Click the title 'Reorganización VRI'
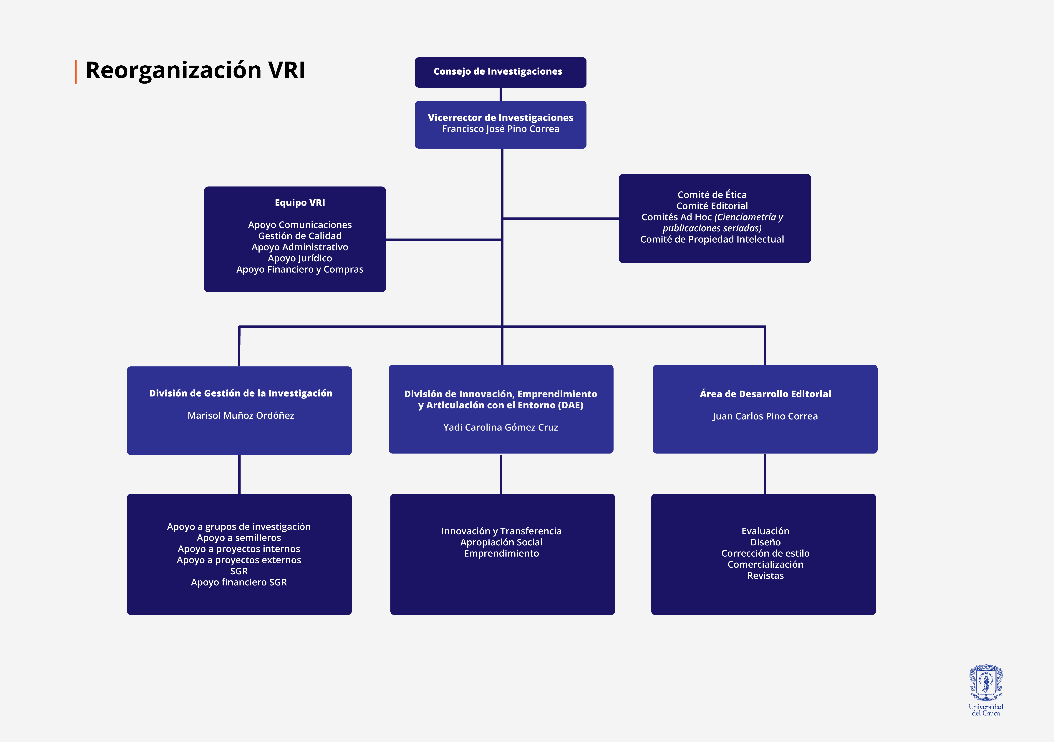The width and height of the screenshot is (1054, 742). (x=195, y=70)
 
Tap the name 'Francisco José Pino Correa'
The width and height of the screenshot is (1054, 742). (x=500, y=129)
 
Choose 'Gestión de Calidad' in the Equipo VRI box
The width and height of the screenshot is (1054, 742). (x=300, y=236)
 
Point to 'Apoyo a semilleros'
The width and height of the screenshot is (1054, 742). (x=239, y=538)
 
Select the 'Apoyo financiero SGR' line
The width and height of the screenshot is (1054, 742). (x=239, y=582)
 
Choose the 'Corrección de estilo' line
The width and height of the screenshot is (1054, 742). (x=765, y=553)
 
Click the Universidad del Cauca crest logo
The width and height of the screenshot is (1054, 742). (x=986, y=682)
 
